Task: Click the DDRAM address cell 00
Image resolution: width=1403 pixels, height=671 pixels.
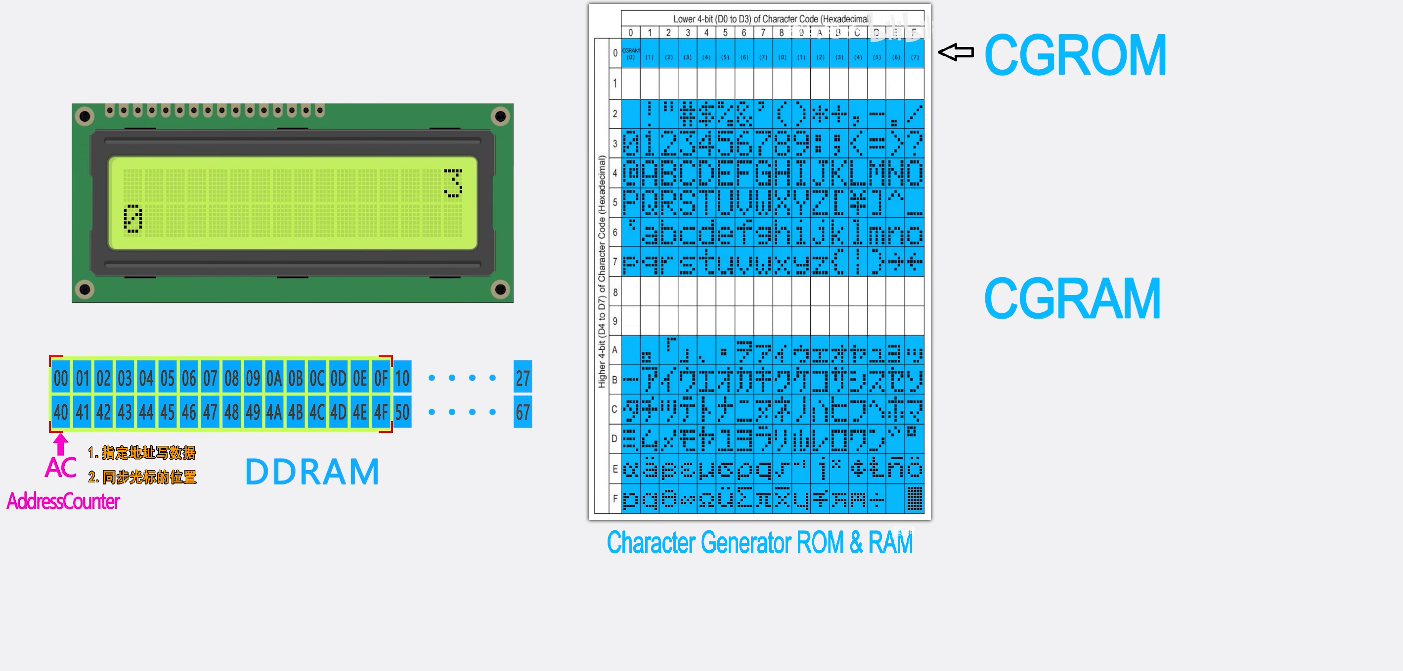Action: click(x=61, y=378)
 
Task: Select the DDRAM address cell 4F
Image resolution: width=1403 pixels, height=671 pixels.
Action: click(x=381, y=413)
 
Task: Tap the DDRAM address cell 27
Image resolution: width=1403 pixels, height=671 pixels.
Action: click(x=523, y=378)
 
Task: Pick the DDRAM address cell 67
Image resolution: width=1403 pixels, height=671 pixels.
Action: click(x=523, y=413)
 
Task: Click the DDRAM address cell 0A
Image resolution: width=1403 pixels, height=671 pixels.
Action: click(x=274, y=378)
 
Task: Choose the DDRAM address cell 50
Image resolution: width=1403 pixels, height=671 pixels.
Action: click(x=402, y=413)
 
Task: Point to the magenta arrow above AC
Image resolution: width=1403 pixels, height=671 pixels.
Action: click(x=61, y=443)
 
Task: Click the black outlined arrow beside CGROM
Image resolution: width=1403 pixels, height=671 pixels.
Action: click(x=956, y=52)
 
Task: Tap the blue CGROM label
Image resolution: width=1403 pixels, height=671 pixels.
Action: click(x=1075, y=55)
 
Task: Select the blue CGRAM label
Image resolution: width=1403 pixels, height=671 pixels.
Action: click(x=1072, y=299)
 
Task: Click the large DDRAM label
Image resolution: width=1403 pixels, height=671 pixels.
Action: click(x=312, y=472)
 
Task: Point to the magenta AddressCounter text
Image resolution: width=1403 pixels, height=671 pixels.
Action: click(x=63, y=501)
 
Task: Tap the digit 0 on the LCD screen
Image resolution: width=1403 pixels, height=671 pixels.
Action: click(x=133, y=219)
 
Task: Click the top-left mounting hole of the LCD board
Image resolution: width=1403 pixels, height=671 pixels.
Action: click(x=85, y=116)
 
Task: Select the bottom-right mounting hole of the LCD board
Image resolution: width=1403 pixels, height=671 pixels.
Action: click(x=500, y=289)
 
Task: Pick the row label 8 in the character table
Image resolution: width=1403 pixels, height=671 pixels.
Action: click(x=615, y=292)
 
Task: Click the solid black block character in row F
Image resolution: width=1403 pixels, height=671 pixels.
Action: click(x=915, y=499)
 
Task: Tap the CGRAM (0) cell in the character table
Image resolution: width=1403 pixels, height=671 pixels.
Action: click(x=631, y=54)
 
